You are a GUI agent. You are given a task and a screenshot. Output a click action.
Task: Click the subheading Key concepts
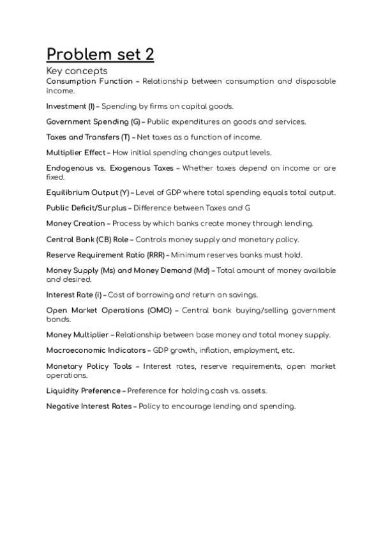pos(77,70)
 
